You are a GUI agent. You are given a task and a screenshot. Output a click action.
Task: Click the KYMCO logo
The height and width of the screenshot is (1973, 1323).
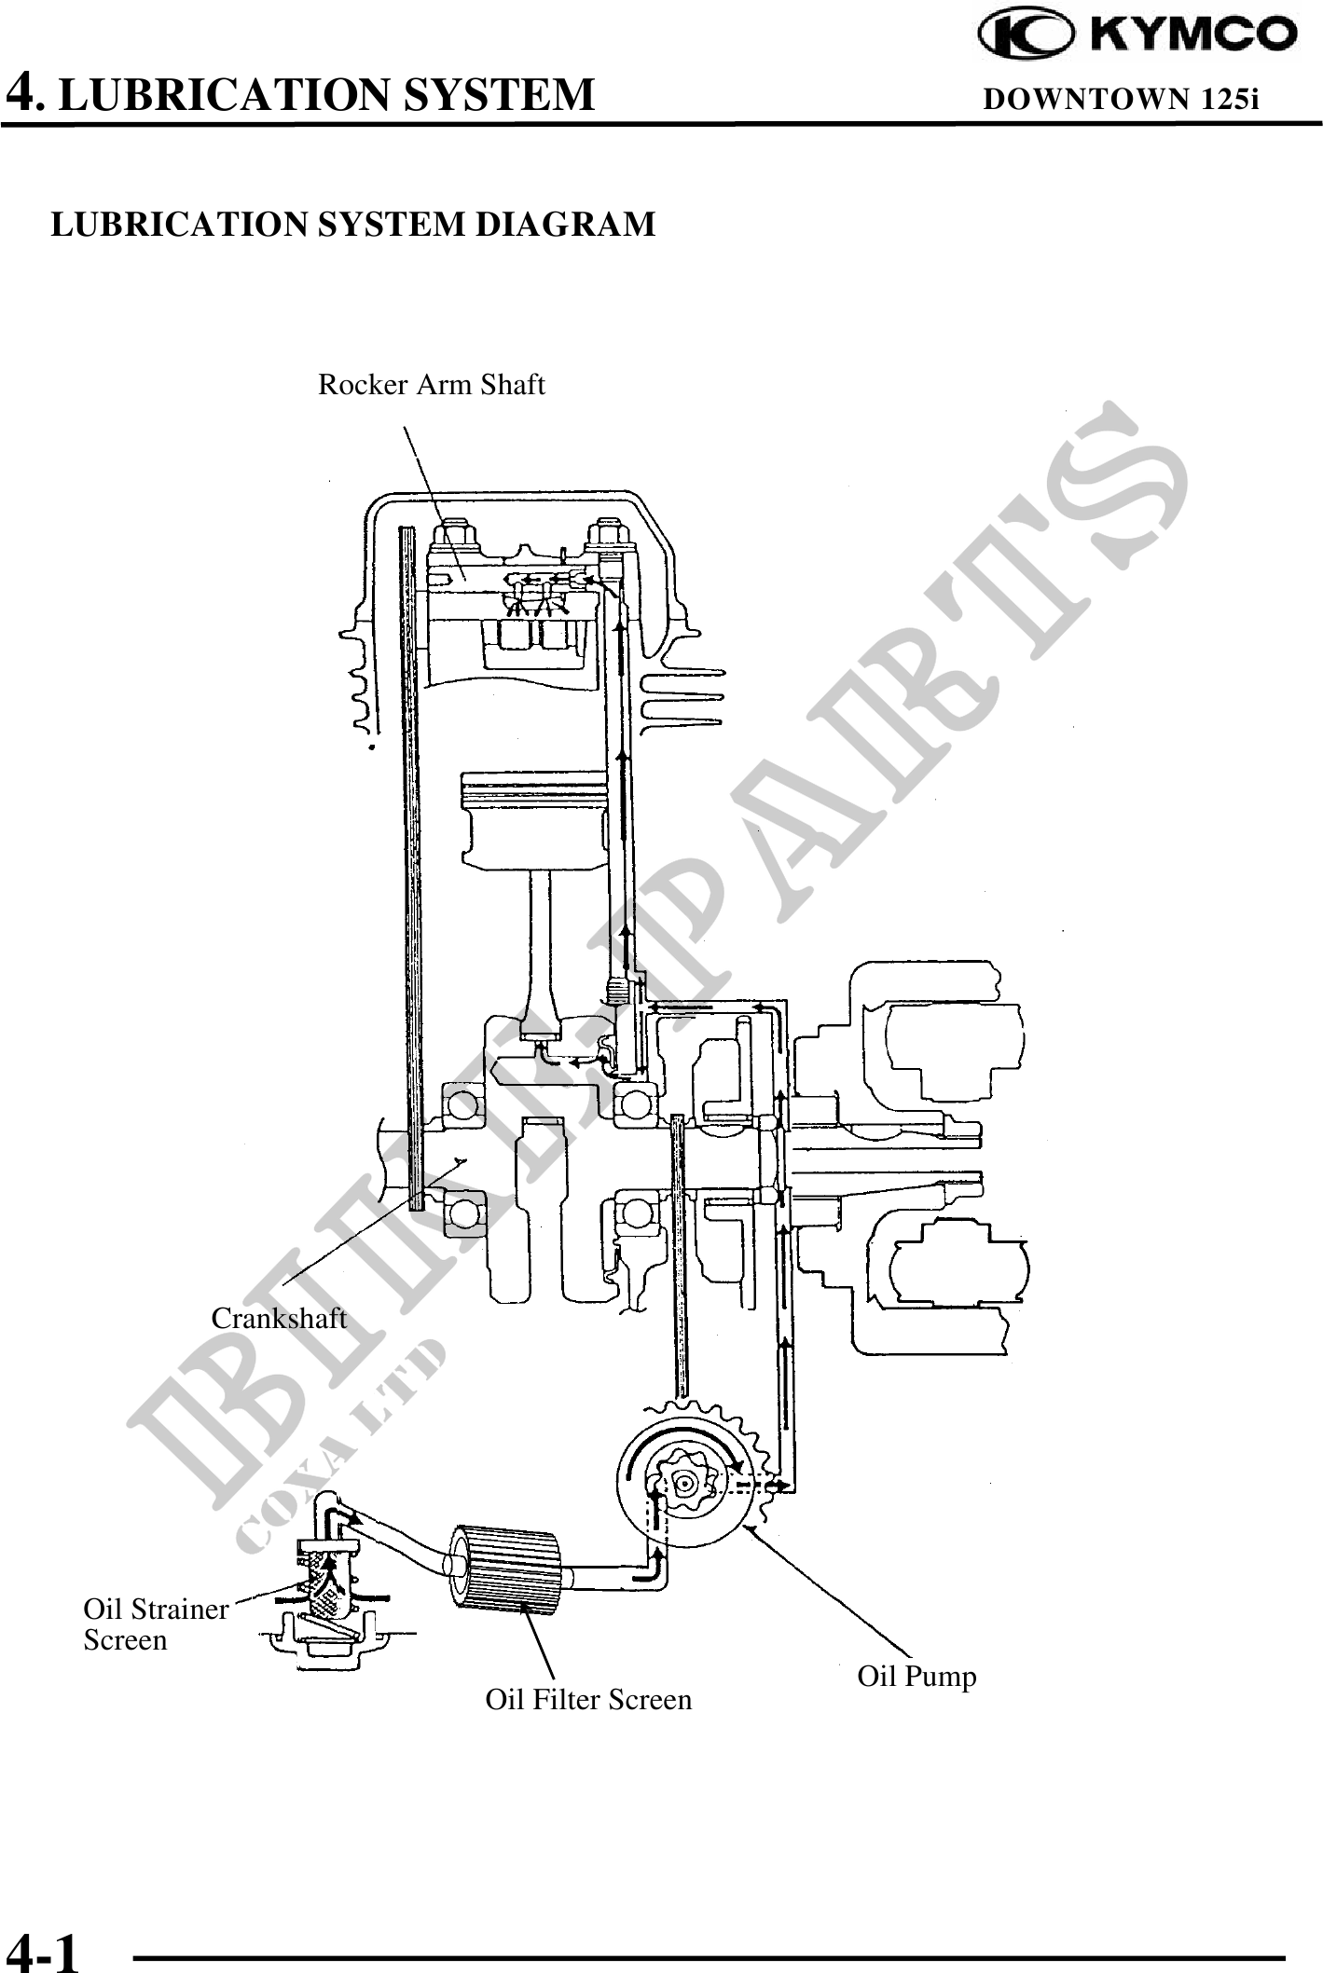pos(1137,34)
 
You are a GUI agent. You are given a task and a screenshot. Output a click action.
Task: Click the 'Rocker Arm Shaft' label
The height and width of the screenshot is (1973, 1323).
pos(431,385)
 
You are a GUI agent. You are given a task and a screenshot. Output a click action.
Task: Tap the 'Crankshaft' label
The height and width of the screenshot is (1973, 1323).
pos(279,1319)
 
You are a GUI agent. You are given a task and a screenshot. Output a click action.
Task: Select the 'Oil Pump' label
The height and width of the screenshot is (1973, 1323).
pos(916,1677)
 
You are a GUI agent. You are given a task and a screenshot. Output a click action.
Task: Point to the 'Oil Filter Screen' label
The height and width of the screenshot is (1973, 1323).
pos(588,1700)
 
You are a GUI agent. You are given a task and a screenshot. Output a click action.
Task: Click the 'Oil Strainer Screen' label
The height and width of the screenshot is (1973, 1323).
pos(155,1624)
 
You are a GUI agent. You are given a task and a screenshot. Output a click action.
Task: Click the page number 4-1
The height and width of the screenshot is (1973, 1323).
pos(42,1951)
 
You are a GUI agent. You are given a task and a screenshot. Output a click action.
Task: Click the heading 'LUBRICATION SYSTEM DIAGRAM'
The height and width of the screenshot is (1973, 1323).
pos(352,225)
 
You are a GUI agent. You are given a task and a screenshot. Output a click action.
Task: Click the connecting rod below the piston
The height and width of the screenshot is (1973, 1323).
pos(542,951)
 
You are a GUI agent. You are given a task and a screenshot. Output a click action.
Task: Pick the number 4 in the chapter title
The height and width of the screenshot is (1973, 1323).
pos(22,93)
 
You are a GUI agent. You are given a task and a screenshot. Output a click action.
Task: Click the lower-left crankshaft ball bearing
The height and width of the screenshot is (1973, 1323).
pos(461,1213)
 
